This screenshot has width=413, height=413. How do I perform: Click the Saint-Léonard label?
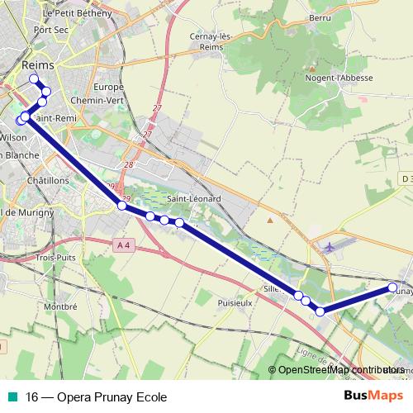coord(193,199)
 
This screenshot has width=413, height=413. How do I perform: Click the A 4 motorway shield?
coord(124,244)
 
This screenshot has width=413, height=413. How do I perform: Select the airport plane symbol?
coord(330,245)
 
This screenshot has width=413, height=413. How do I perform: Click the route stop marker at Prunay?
coord(392,287)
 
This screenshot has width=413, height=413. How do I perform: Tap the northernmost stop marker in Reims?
coord(34,79)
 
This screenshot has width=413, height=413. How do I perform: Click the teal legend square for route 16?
coord(12,396)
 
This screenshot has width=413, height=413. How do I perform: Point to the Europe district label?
coord(108,87)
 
